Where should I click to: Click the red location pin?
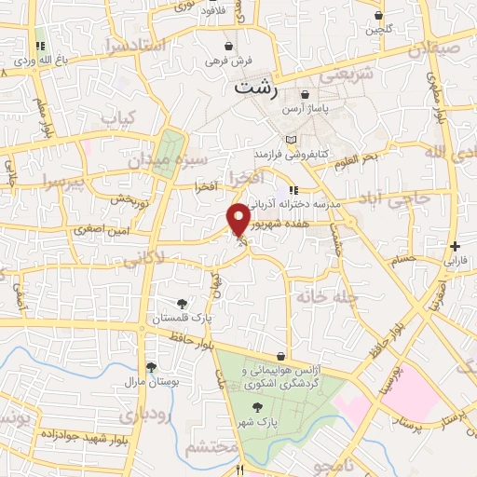pyautogui.click(x=239, y=219)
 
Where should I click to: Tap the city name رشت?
pyautogui.click(x=252, y=89)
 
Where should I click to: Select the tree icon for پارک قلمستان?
pyautogui.click(x=182, y=304)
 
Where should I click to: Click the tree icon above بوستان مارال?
pyautogui.click(x=150, y=366)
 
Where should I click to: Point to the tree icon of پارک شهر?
pyautogui.click(x=256, y=406)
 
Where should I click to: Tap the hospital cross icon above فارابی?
pyautogui.click(x=454, y=247)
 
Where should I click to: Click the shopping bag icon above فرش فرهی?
pyautogui.click(x=229, y=46)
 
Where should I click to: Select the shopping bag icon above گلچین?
pyautogui.click(x=378, y=16)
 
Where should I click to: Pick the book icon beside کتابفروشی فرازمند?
pyautogui.click(x=291, y=139)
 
